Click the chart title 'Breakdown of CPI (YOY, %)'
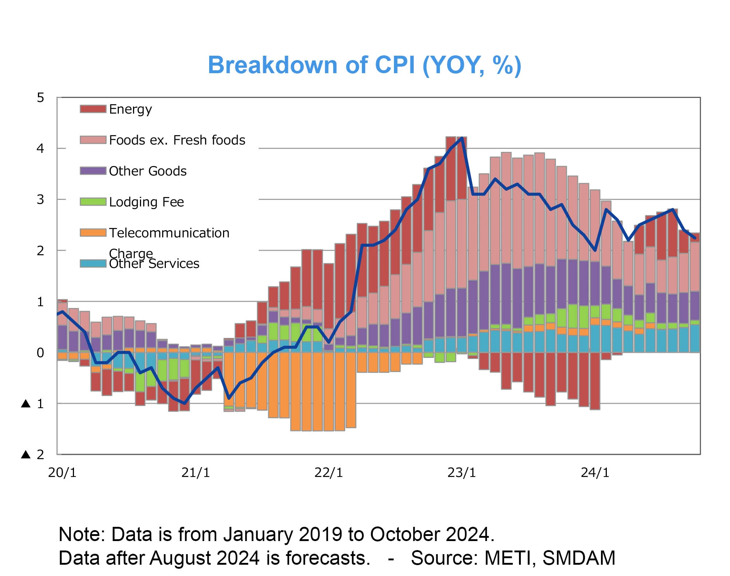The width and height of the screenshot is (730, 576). [x=364, y=66]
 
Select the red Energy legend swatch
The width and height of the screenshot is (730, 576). [x=93, y=109]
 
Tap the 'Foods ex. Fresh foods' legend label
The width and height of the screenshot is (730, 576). [x=177, y=140]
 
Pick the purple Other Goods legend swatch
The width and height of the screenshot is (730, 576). [x=93, y=171]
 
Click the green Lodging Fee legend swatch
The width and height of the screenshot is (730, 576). [x=93, y=202]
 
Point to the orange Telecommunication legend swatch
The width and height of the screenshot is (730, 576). [x=93, y=233]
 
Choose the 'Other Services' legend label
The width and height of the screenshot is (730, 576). [x=154, y=264]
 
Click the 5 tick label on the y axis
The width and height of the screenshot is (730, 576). [x=40, y=98]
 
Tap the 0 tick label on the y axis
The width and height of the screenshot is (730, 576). [x=40, y=352]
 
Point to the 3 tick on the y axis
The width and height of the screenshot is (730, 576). [x=40, y=200]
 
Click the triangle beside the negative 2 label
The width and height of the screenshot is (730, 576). [x=26, y=454]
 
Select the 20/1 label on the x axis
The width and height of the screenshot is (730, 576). [x=62, y=473]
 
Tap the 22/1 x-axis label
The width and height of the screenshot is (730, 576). [x=329, y=473]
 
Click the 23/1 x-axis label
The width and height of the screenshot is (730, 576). [x=462, y=473]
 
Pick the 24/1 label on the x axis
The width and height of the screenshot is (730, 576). [x=595, y=473]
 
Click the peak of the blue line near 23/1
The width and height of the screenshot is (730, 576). [x=462, y=138]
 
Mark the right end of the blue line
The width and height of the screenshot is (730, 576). [x=695, y=238]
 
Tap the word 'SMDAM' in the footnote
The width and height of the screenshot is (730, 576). [x=579, y=558]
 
